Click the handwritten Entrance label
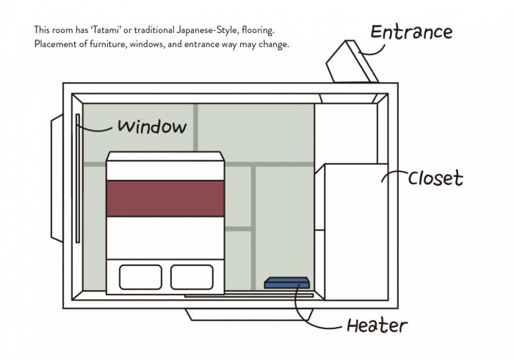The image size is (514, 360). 410,33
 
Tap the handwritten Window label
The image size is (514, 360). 152,126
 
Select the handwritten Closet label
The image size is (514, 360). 435,178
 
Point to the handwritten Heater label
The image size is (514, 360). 377,325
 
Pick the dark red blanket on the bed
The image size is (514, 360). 165,198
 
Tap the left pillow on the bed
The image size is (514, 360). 140,277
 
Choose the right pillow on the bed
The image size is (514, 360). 191,277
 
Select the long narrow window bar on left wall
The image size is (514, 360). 77,178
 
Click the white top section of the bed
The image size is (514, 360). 165,167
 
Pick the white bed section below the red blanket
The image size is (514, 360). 165,237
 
